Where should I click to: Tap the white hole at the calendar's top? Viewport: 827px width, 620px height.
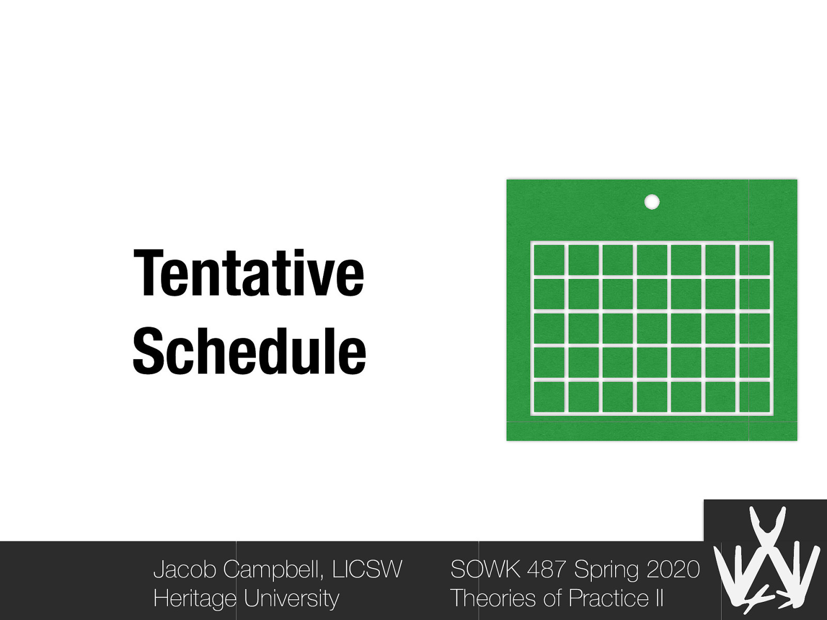click(652, 202)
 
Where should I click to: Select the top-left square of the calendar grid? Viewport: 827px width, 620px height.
click(548, 260)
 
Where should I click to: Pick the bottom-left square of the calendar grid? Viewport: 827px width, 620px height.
click(548, 397)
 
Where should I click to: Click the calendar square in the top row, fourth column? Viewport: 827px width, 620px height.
click(652, 260)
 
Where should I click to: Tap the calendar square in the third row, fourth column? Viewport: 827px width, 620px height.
click(652, 329)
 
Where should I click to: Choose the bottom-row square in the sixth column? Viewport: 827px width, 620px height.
click(720, 397)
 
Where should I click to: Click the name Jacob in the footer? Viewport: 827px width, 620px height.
click(185, 569)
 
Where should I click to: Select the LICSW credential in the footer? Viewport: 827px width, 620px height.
click(367, 569)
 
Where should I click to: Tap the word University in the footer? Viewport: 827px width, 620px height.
click(291, 598)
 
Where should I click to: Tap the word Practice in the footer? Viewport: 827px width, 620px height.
click(608, 598)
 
